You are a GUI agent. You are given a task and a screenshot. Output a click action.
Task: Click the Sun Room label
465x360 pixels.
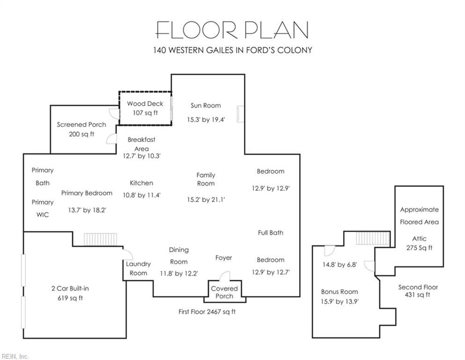206,105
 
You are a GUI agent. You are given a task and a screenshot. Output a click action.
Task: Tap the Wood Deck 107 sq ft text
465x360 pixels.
145,108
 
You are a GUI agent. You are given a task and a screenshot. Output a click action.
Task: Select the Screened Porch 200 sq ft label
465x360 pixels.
81,129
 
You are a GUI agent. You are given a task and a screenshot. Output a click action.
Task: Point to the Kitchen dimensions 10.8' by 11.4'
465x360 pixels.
142,195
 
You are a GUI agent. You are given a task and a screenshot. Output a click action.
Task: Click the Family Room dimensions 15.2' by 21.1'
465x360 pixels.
206,199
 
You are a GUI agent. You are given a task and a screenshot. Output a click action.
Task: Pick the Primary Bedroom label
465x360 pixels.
87,193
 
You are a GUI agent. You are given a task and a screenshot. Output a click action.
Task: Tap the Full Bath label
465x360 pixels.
271,232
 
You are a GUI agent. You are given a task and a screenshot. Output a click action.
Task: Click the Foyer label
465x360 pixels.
224,258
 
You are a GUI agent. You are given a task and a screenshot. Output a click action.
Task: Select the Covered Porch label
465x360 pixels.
224,292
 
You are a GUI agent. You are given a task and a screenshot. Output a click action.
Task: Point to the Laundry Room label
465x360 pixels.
138,268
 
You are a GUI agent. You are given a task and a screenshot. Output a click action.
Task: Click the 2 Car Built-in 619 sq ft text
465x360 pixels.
70,293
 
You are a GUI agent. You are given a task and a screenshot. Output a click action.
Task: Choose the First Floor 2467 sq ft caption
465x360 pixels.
207,312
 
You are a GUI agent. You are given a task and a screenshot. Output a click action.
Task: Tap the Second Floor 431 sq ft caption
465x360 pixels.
418,291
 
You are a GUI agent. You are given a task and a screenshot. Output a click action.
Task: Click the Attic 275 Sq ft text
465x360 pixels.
419,243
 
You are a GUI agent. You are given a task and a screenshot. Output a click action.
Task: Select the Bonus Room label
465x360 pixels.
339,292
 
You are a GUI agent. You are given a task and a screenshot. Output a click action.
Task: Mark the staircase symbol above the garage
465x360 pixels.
101,239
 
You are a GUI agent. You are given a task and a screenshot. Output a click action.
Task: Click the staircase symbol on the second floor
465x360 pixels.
372,238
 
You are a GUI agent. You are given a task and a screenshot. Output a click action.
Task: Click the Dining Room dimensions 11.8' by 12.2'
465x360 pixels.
179,273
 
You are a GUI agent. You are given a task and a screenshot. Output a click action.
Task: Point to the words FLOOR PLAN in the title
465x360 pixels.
232,30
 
